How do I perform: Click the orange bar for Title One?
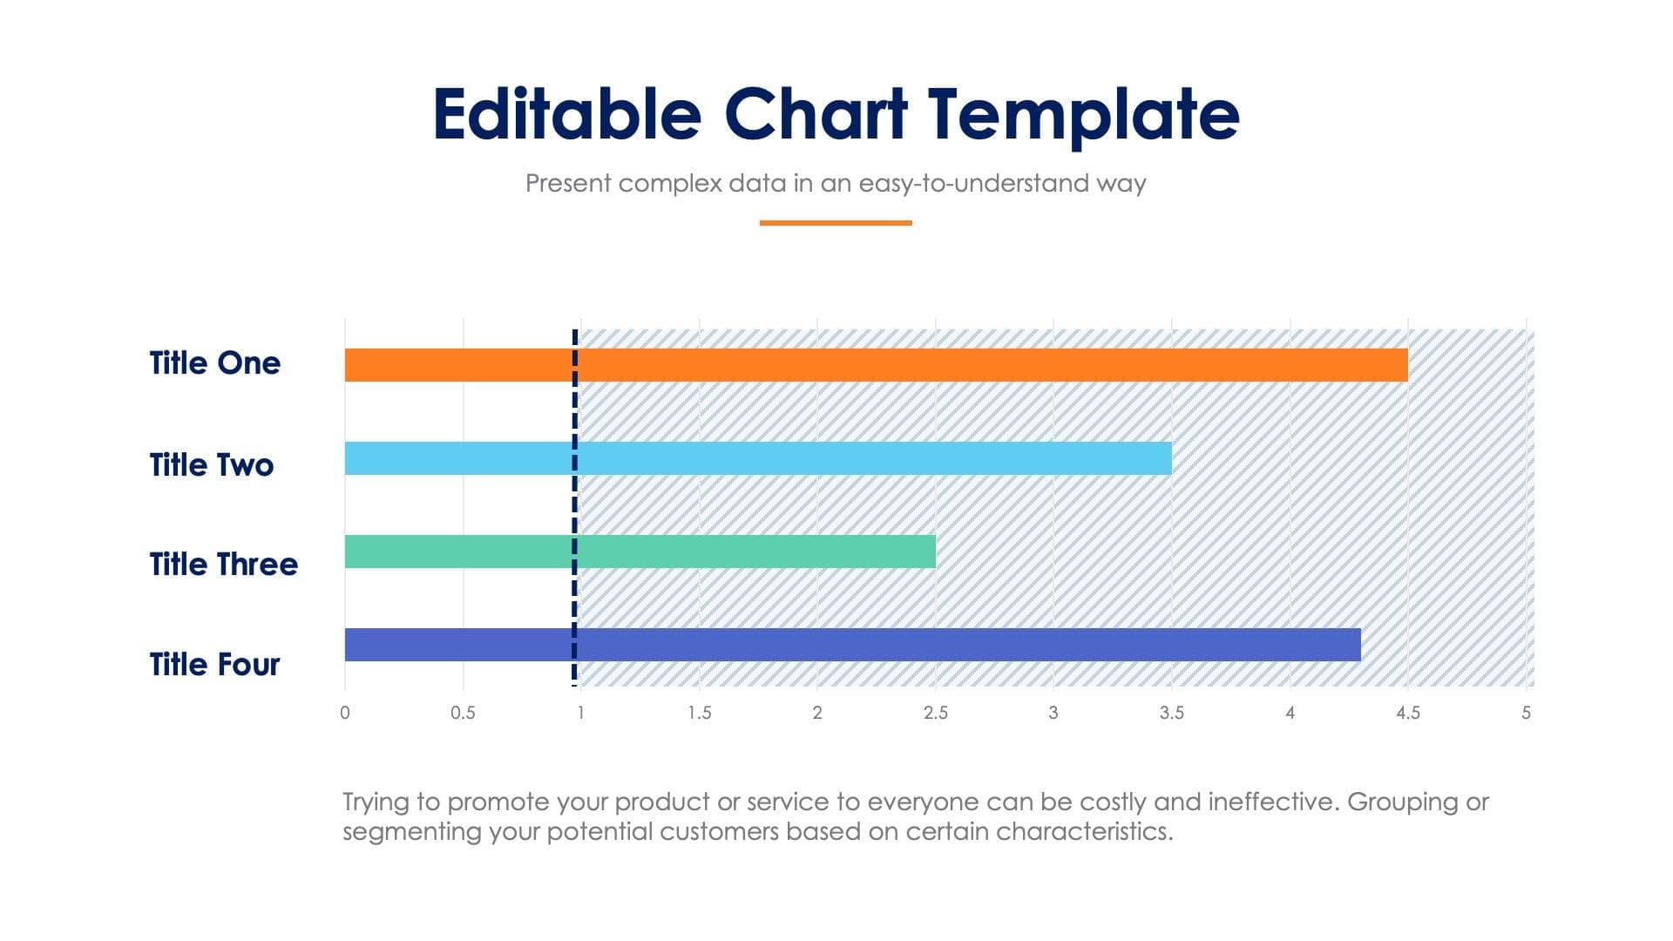[876, 365]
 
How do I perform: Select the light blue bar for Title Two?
[758, 458]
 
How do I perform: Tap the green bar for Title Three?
[640, 552]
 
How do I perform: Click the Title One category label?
[214, 363]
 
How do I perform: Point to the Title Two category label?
[211, 464]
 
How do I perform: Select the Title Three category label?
[223, 565]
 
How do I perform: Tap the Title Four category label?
[214, 665]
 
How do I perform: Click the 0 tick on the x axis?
[345, 713]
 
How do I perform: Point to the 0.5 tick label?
[463, 713]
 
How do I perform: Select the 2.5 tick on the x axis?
[935, 713]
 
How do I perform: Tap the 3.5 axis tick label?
[1171, 713]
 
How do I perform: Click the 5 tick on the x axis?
[1526, 713]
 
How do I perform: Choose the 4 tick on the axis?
[1290, 713]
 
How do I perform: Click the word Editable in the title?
[566, 114]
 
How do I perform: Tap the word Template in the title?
[1083, 114]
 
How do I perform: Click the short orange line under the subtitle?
[835, 223]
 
